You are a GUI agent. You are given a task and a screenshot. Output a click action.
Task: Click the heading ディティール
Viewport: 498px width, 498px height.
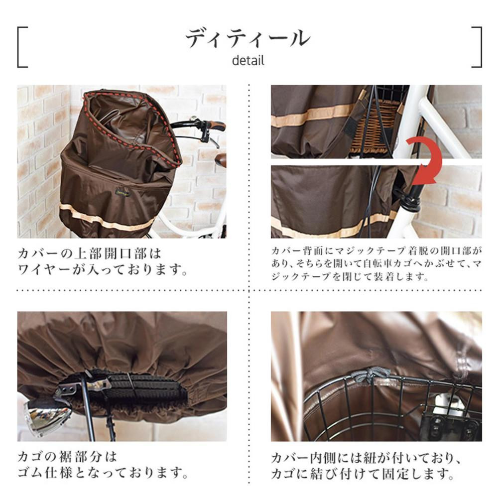[248, 38]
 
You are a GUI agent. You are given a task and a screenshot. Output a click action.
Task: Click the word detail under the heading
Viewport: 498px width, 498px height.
[248, 60]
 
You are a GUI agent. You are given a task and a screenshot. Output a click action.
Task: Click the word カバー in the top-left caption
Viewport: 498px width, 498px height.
[39, 253]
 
